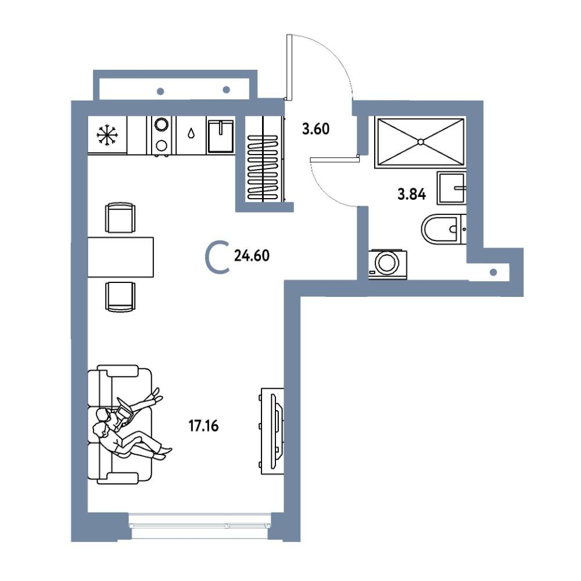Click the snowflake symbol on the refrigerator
107,135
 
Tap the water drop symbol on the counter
191,133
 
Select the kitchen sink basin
220,136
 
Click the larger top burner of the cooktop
161,124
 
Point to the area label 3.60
315,129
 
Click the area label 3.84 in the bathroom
412,194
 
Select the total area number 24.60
252,256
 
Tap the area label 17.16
204,426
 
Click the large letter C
217,257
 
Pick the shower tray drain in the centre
420,142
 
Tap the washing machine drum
387,263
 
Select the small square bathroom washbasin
451,188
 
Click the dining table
120,257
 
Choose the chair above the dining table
120,217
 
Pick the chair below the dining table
120,297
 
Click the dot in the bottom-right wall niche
493,272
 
